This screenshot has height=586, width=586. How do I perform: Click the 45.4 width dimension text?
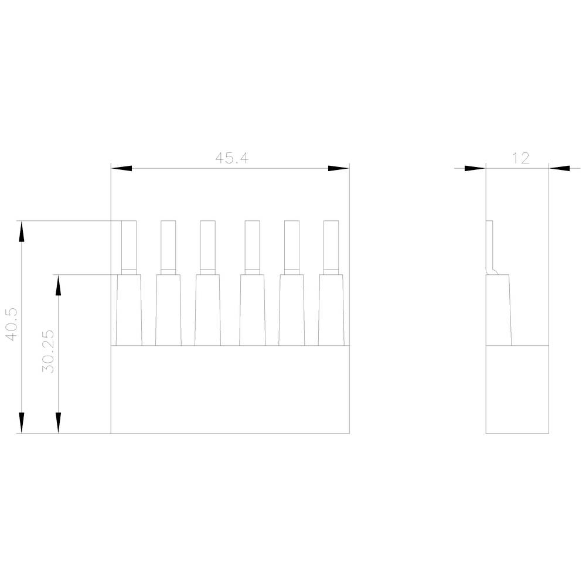point(231,158)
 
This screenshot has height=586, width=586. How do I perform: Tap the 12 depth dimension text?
point(520,158)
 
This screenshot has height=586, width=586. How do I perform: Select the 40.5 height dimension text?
point(11,325)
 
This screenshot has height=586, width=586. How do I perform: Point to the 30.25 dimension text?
point(48,351)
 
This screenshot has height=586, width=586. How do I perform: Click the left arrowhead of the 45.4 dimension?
point(121,169)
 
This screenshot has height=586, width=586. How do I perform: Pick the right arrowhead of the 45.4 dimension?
point(339,169)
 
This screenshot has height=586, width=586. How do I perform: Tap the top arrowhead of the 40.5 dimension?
point(22,231)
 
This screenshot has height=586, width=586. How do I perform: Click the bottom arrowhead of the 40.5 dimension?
point(22,423)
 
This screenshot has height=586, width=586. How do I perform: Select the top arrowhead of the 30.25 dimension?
point(58,285)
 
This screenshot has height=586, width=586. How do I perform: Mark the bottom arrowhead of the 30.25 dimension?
point(58,423)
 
